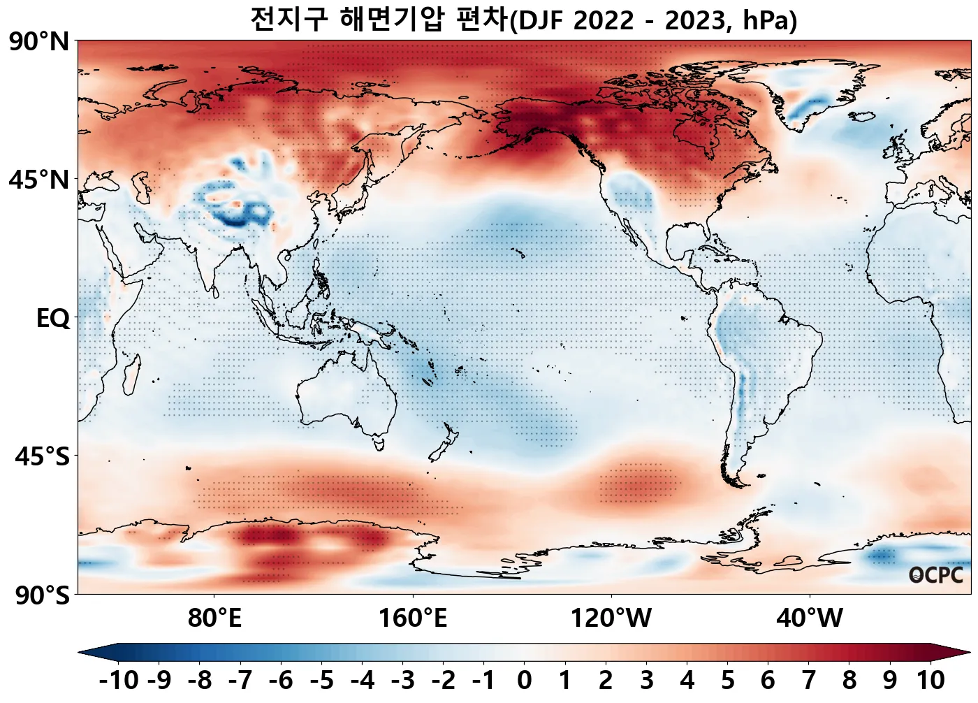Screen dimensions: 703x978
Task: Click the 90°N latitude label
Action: [x=39, y=42]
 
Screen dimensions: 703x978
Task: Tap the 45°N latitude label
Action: [x=39, y=180]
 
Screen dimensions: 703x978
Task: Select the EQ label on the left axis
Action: [x=53, y=319]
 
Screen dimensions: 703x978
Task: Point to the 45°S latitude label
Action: [x=43, y=457]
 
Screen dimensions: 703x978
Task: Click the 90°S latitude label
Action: [x=43, y=595]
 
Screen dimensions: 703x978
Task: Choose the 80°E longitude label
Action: [x=214, y=618]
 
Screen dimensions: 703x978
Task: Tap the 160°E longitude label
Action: [x=413, y=618]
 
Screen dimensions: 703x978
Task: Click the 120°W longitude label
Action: [x=611, y=618]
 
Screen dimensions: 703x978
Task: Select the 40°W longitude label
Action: [x=810, y=618]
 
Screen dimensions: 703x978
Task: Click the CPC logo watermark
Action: [x=936, y=575]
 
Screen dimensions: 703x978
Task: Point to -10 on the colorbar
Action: [x=119, y=680]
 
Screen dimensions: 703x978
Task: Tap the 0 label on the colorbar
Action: [x=524, y=680]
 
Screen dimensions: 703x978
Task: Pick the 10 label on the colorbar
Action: [x=930, y=680]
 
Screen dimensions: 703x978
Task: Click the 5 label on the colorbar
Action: [x=727, y=680]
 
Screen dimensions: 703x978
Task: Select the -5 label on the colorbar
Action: [x=321, y=680]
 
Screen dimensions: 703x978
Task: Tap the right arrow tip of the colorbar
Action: [x=969, y=653]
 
